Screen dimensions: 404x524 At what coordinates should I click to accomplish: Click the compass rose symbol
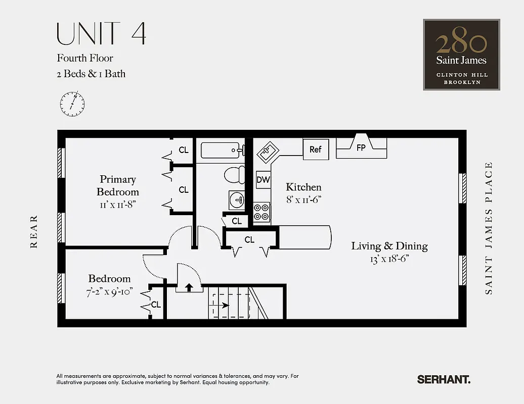[x=72, y=104]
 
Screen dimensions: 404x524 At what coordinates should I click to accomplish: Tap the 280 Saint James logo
[x=461, y=55]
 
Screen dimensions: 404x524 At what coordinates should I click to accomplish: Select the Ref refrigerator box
[x=316, y=149]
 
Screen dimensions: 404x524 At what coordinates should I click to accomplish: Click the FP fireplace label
[x=361, y=148]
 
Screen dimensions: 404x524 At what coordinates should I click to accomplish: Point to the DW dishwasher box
[x=263, y=179]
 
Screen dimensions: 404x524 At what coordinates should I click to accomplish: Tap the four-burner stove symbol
[x=261, y=212]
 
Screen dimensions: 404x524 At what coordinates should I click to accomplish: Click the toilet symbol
[x=234, y=175]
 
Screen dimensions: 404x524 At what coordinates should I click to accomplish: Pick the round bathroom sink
[x=237, y=200]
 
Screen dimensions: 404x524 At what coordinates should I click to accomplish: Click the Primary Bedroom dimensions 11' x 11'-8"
[x=118, y=205]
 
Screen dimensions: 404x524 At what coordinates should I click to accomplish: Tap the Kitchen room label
[x=303, y=187]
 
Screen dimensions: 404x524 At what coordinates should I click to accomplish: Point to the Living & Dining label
[x=389, y=246]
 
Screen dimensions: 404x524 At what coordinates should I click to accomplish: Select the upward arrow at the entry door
[x=189, y=287]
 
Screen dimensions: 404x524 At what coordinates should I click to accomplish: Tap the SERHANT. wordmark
[x=444, y=379]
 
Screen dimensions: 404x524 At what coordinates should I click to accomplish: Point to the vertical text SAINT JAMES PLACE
[x=489, y=228]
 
